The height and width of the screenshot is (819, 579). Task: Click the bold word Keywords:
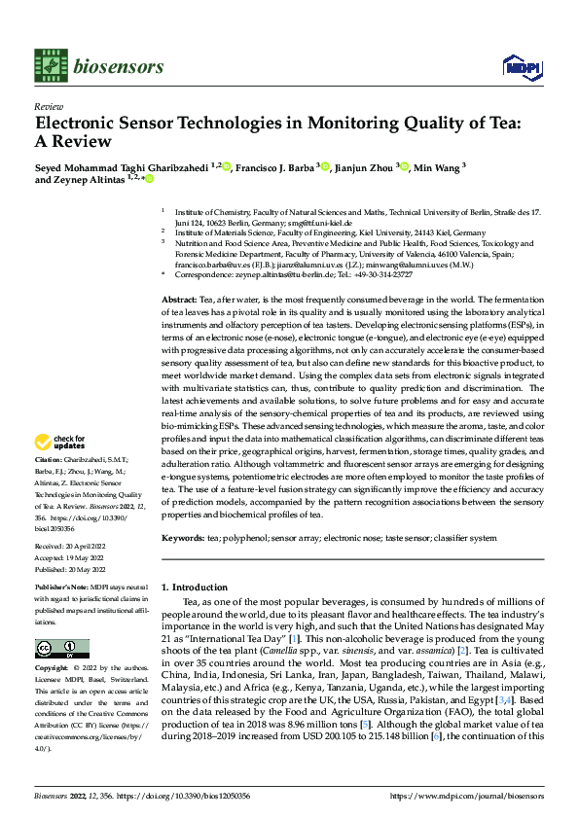182,538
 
